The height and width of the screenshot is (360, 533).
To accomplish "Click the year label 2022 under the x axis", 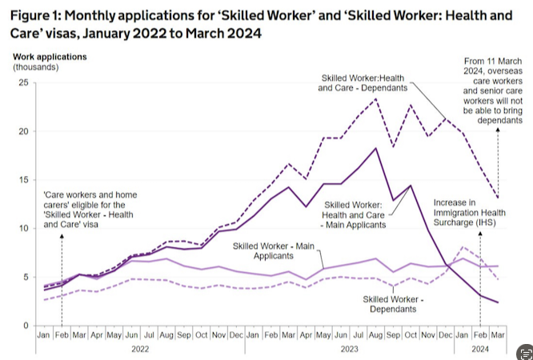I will click(140, 349).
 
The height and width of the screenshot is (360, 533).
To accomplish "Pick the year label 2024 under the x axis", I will click(481, 349).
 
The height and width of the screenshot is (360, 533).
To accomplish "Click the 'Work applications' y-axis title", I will click(50, 57).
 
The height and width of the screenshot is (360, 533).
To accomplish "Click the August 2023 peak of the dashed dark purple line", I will click(375, 98).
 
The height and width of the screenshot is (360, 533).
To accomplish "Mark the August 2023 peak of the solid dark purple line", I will click(375, 148).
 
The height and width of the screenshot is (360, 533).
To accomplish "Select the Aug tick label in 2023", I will click(375, 334).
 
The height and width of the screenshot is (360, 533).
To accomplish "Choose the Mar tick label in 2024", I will click(499, 334).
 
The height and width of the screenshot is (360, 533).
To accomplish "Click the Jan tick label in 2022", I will click(45, 334).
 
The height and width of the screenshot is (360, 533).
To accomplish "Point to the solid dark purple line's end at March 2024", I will click(499, 302).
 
